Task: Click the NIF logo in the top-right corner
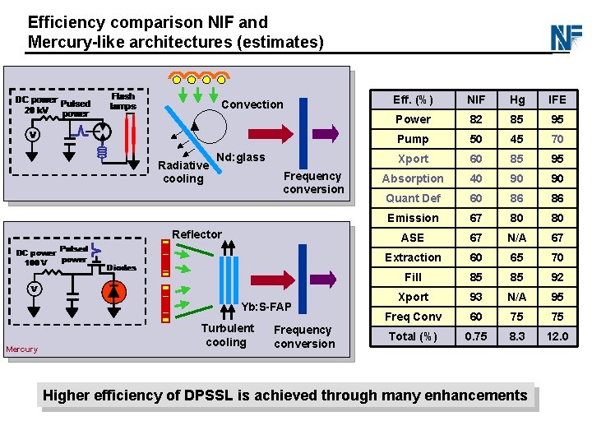(x=567, y=37)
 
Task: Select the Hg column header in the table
(x=517, y=99)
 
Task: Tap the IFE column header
(x=557, y=99)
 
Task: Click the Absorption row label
(x=413, y=178)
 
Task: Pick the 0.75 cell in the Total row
(x=476, y=336)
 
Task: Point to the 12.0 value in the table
(x=557, y=336)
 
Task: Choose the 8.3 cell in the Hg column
(x=517, y=336)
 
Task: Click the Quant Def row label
(x=413, y=198)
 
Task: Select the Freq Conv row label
(x=413, y=317)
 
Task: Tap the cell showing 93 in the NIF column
(x=476, y=297)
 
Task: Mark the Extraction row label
(x=413, y=257)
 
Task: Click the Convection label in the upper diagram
(x=252, y=104)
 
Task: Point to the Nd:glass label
(x=240, y=157)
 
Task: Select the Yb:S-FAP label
(x=266, y=307)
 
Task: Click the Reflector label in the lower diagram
(x=197, y=234)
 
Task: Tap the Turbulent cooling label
(x=228, y=335)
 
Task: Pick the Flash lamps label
(x=123, y=101)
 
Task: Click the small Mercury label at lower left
(x=21, y=349)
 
